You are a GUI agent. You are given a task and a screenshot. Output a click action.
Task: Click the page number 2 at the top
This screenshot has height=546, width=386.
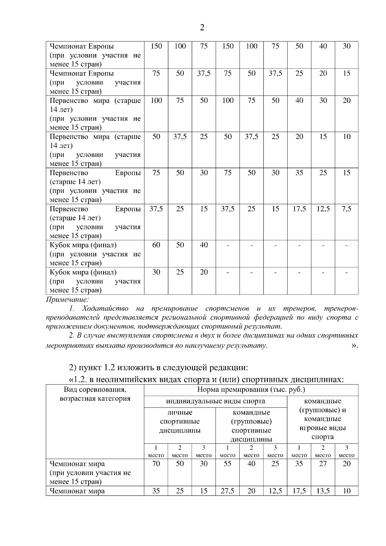(x=202, y=28)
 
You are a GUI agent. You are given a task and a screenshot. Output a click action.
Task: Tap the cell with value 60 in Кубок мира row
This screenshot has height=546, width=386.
(x=156, y=245)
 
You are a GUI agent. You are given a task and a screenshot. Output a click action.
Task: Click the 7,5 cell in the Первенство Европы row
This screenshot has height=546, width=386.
(x=346, y=209)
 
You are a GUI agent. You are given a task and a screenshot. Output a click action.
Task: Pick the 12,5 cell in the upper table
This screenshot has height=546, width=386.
(x=323, y=209)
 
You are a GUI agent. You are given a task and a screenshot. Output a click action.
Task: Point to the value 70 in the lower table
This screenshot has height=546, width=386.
(x=156, y=464)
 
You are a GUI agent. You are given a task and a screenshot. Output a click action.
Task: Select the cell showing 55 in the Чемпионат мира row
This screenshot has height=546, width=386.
(x=227, y=464)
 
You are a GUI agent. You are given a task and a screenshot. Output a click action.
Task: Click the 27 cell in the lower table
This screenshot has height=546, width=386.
(x=323, y=464)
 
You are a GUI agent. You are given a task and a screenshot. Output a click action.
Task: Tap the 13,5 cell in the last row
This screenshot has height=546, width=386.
(x=323, y=491)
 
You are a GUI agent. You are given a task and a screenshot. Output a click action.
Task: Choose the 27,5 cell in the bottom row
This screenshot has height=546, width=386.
(x=227, y=491)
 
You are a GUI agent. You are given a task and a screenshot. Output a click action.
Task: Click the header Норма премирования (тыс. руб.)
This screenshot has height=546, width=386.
(x=251, y=390)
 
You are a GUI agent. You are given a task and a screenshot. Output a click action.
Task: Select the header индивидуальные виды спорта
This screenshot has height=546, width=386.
(x=216, y=401)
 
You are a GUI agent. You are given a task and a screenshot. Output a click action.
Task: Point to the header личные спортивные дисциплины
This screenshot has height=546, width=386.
(x=180, y=421)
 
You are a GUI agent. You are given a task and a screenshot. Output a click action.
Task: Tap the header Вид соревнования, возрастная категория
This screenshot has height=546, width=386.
(x=95, y=394)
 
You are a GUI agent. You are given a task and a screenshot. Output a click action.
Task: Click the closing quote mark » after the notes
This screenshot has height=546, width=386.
(x=354, y=346)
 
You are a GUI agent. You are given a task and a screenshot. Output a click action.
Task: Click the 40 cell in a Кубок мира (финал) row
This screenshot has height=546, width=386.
(x=204, y=245)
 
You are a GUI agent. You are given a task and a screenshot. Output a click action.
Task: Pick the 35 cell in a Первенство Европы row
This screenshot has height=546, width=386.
(x=299, y=173)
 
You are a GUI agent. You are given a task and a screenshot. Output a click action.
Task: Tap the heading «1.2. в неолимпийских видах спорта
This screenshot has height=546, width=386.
(x=206, y=379)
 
